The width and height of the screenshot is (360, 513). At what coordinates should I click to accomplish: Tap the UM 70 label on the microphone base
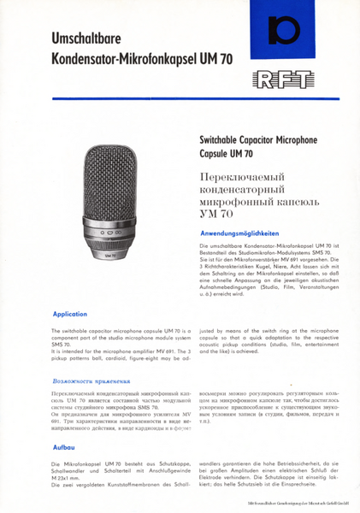(112, 254)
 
